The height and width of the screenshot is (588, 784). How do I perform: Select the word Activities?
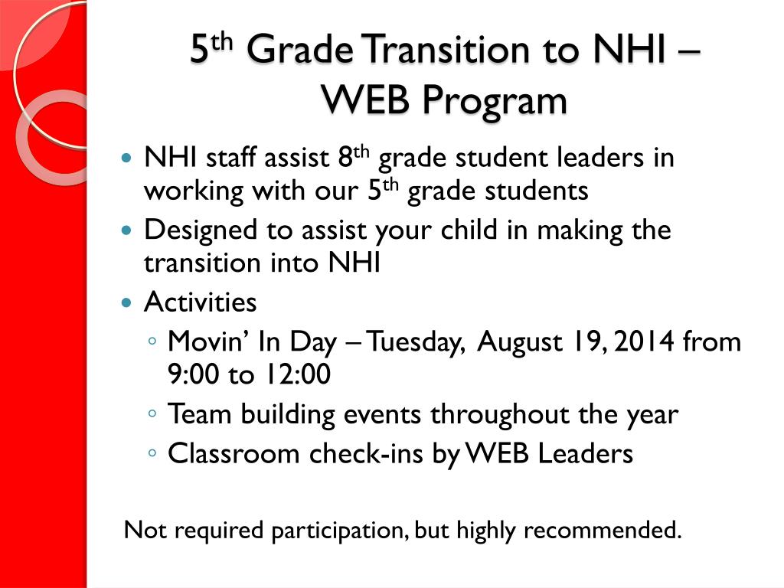pos(201,302)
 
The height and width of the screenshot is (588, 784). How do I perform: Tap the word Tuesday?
pos(416,342)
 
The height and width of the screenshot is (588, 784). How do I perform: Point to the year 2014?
pos(641,342)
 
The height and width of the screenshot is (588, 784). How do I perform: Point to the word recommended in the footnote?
pos(602,530)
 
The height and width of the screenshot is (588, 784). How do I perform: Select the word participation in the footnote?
pos(338,531)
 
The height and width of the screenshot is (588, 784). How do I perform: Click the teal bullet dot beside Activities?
pos(127,303)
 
